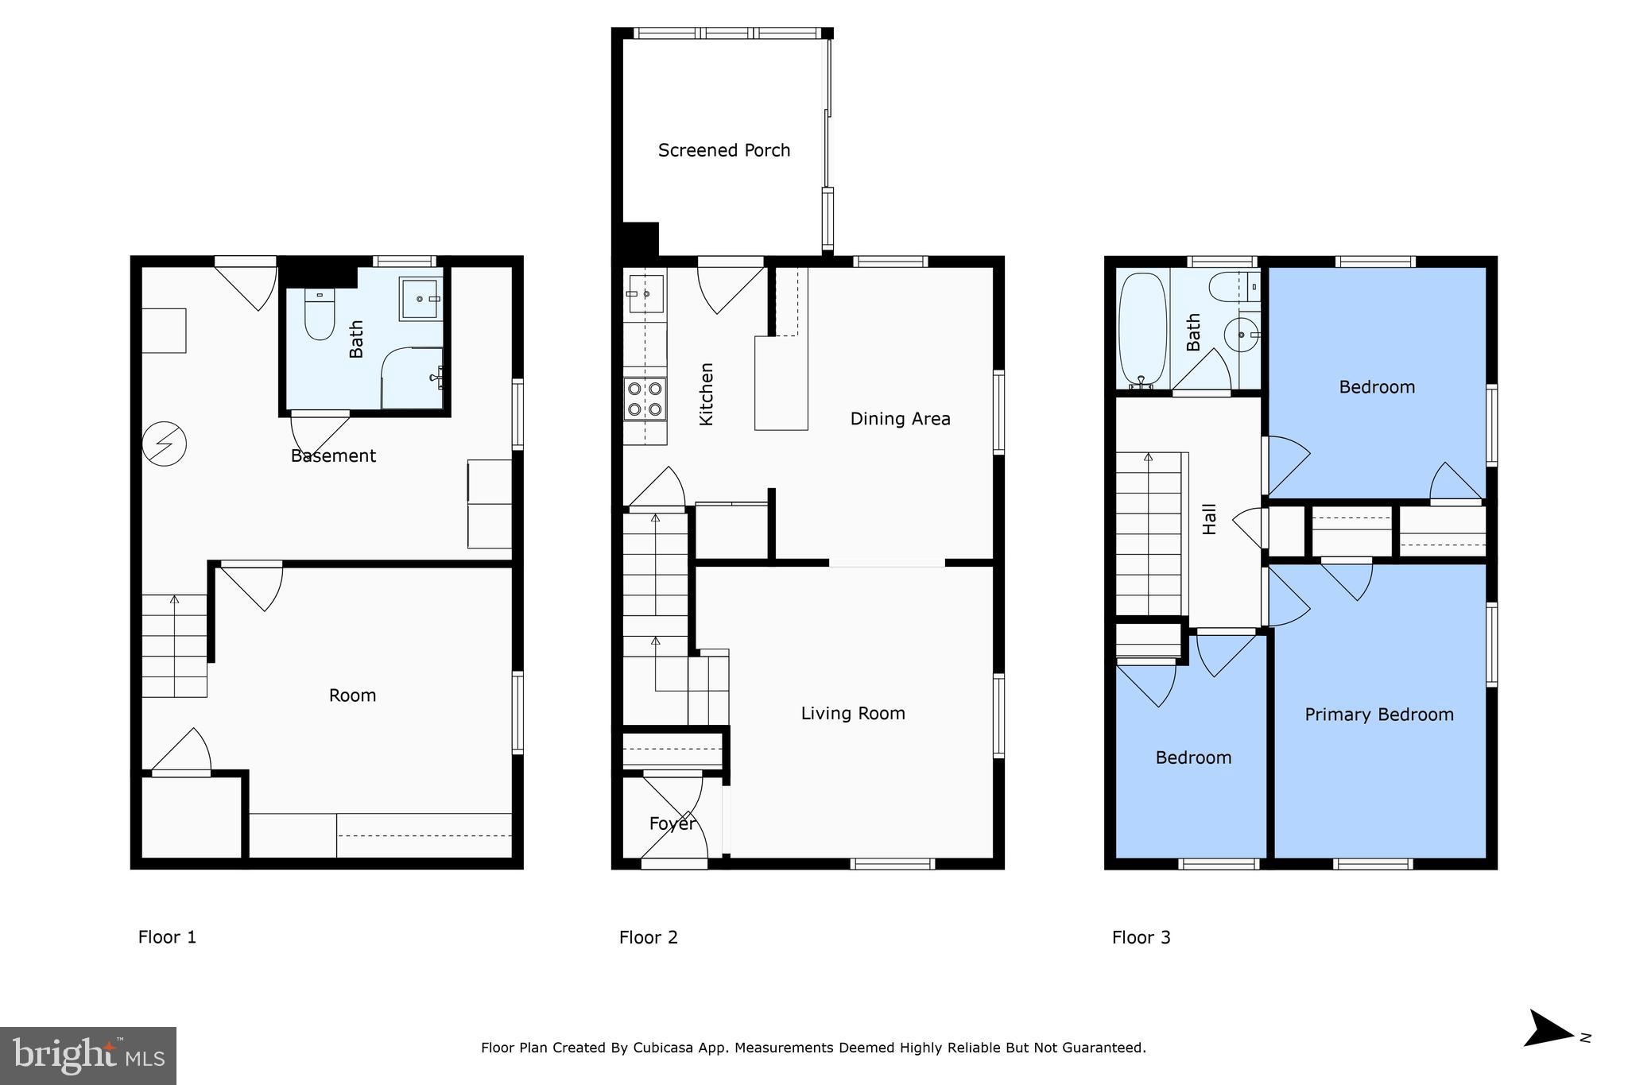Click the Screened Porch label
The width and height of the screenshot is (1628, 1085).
[x=723, y=150]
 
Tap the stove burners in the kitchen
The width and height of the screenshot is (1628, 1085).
[x=645, y=399]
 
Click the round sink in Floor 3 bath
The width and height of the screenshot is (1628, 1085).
[x=1242, y=335]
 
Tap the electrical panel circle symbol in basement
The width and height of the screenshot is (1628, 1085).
[x=165, y=444]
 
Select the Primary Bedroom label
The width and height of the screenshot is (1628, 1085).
[x=1378, y=715]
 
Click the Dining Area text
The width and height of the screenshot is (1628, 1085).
[x=900, y=419]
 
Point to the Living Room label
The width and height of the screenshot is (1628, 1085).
[x=852, y=714]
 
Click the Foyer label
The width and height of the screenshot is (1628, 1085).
[x=673, y=823]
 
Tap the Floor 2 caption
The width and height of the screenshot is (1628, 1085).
[x=648, y=937]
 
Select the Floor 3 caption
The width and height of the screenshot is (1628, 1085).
[x=1141, y=937]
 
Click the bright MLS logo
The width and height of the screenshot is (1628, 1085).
[x=88, y=1056]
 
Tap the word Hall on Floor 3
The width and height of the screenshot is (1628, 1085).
[x=1209, y=518]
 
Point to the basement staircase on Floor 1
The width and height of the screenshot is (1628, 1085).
[x=174, y=645]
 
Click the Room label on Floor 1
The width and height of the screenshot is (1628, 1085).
[x=352, y=696]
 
